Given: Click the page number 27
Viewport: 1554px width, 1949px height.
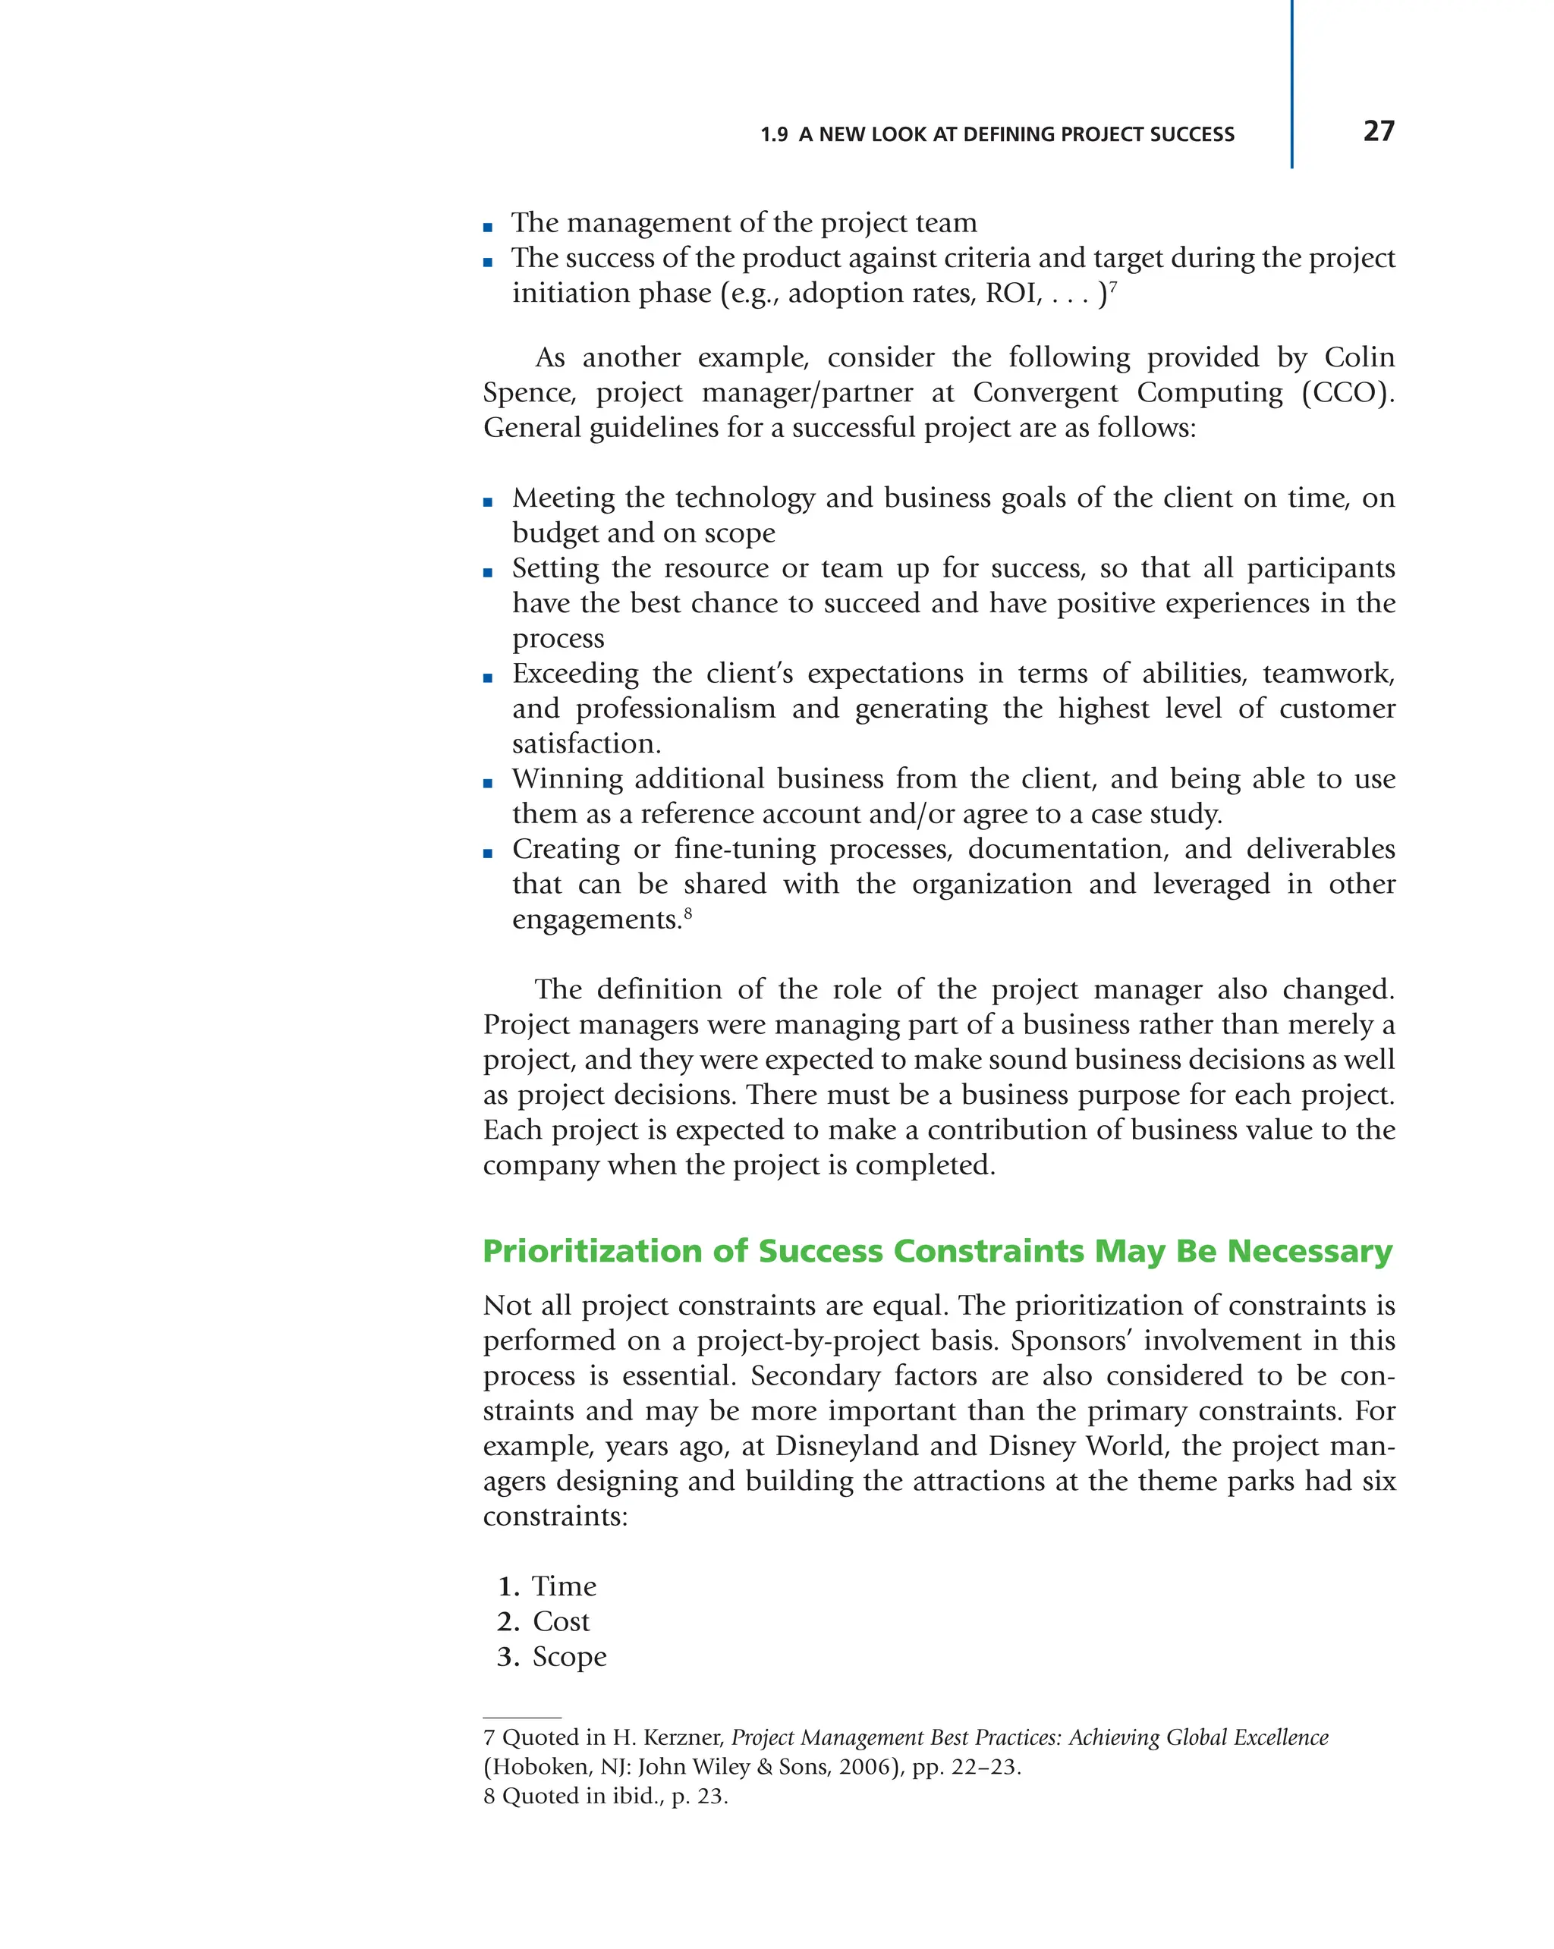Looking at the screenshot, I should pyautogui.click(x=1378, y=131).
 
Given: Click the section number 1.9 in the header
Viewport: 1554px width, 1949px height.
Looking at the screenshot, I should pyautogui.click(x=774, y=135).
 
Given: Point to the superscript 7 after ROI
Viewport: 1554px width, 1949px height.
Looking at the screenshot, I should pyautogui.click(x=1113, y=287).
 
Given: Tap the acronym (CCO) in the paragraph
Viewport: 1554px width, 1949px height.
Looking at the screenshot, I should pyautogui.click(x=1346, y=392).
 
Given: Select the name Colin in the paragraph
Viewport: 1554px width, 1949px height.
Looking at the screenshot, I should pyautogui.click(x=1359, y=357).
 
